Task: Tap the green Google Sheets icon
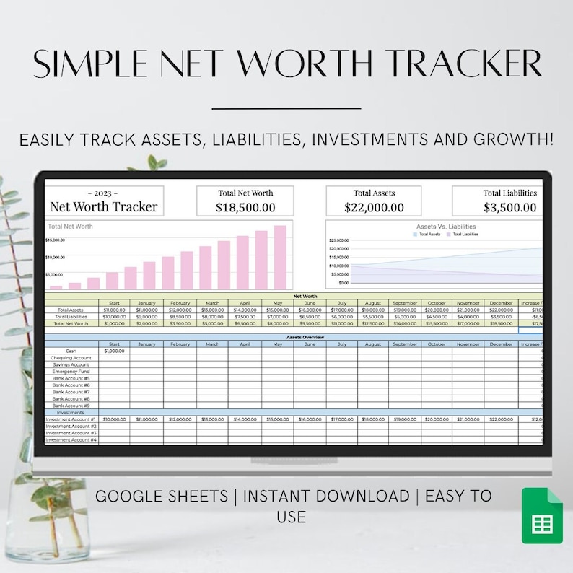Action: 541,515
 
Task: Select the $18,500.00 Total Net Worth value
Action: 245,207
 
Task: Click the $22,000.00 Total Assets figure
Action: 374,207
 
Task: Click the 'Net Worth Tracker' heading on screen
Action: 103,206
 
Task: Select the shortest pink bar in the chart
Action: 56,286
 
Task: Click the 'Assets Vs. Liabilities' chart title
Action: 446,227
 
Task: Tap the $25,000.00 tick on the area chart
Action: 338,240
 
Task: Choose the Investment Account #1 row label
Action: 71,419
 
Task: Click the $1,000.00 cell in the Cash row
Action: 114,351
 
